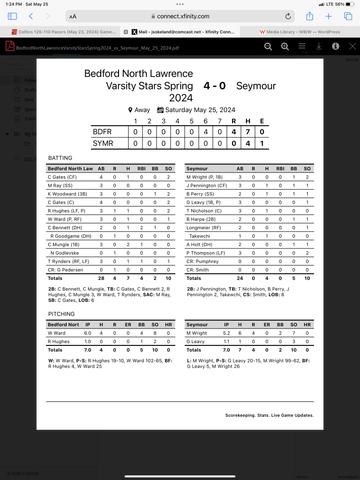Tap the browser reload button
pos(288,16)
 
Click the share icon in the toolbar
pos(309,16)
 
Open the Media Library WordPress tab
pos(300,32)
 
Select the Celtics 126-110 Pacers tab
pos(64,32)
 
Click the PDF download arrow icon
pos(319,46)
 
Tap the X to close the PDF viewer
pos(352,46)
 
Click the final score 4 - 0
pos(215,86)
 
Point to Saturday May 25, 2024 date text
pos(200,110)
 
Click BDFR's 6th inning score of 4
pos(205,132)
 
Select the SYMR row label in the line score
pos(103,143)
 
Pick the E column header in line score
pos(262,121)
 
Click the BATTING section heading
pos(60,158)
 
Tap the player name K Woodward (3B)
pos(68,194)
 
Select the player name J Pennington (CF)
pos(207,186)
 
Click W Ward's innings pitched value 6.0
pos(87,333)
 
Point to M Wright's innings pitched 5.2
pos(226,333)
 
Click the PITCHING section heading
pos(61,314)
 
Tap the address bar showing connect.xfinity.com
pos(183,16)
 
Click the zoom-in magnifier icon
pos(285,46)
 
